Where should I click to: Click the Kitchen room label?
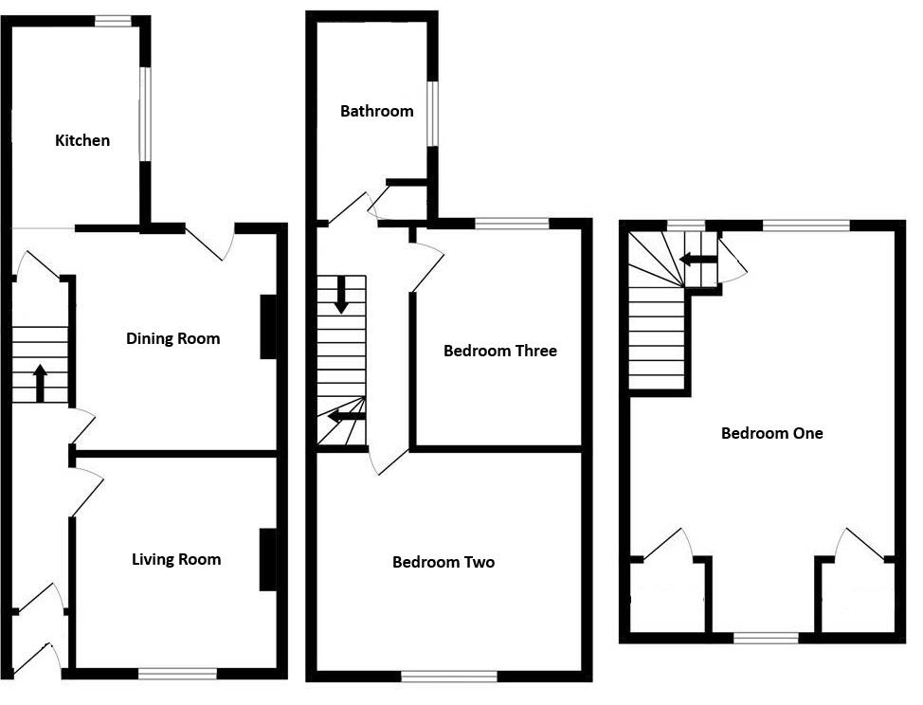coord(82,140)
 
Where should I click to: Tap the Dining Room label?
coord(172,338)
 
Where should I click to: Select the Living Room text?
coord(176,559)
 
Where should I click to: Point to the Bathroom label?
coord(376,111)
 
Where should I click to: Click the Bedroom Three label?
coord(499,351)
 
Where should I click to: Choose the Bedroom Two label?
coord(443,562)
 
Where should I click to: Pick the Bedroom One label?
coord(771,433)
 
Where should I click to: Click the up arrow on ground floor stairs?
coord(40,384)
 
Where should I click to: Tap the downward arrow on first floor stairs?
coord(341,295)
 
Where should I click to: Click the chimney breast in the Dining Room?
coord(269,327)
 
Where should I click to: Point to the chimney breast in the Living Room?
coord(268,559)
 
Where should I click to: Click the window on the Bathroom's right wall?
coord(432,114)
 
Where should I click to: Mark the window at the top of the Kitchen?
coord(113,20)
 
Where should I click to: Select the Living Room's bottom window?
coord(177,674)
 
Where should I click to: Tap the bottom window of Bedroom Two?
coord(449,677)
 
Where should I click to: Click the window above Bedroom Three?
coord(512,224)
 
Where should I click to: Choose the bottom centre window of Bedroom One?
coord(766,638)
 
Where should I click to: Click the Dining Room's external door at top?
coord(210,241)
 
